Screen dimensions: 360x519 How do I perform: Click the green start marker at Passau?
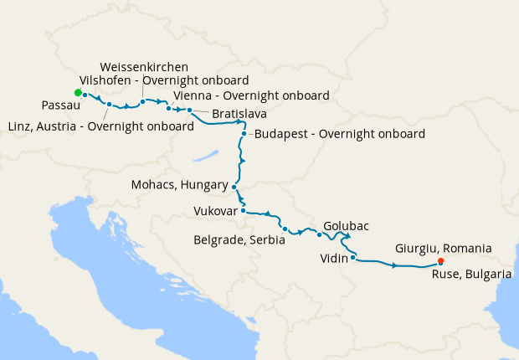77,92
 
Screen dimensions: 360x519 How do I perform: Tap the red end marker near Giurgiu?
441,261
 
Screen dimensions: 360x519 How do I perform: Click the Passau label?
60,106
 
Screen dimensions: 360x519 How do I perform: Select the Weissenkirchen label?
143,66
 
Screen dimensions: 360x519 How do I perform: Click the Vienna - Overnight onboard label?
250,95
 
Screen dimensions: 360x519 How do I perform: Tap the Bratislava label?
239,113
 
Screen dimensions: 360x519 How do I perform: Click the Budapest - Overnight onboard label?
339,133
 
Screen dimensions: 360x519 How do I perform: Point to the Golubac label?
346,226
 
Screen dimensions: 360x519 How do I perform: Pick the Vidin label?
334,259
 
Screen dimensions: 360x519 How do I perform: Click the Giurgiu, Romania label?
443,248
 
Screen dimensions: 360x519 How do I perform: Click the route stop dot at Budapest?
244,133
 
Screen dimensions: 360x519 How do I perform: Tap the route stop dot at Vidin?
354,258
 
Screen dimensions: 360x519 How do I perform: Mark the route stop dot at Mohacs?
234,188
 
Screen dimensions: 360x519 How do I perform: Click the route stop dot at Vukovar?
243,211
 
